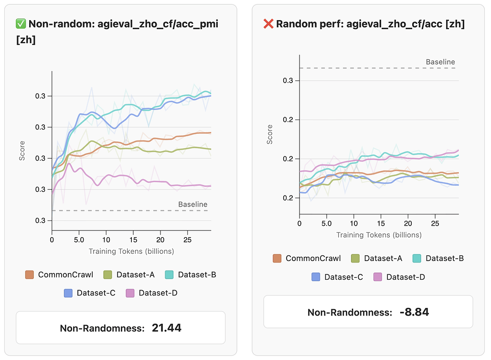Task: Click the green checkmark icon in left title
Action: [x=21, y=24]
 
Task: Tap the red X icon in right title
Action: [x=269, y=24]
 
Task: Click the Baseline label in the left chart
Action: [x=193, y=204]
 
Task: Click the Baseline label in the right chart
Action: [x=440, y=62]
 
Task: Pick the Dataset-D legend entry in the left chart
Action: [x=152, y=293]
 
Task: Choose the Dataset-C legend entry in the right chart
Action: [x=338, y=277]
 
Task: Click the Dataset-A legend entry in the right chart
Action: [x=377, y=258]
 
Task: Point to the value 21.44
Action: [x=167, y=328]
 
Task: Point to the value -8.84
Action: [x=414, y=312]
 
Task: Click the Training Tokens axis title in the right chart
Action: [x=379, y=235]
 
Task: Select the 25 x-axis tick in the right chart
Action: [x=435, y=223]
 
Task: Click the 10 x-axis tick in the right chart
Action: [x=354, y=223]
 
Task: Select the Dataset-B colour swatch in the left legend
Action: [x=170, y=275]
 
